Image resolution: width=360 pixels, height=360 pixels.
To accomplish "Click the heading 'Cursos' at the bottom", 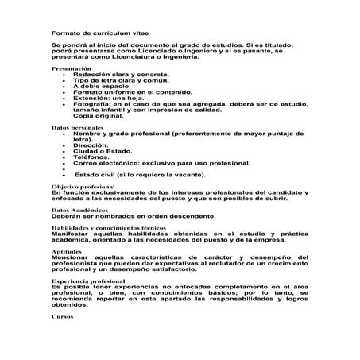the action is click(61, 315).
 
